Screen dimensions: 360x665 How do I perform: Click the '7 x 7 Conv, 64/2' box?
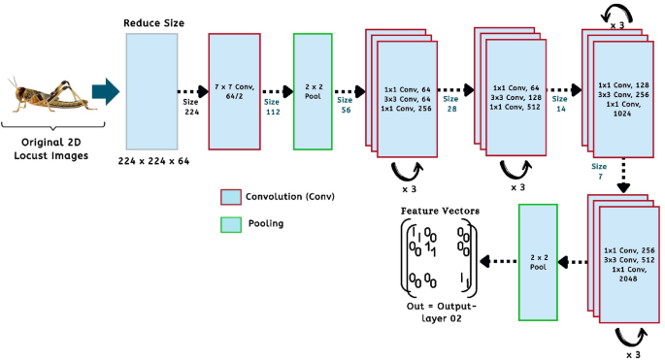coord(235,91)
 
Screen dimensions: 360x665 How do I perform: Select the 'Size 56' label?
coord(345,105)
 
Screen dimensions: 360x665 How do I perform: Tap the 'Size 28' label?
coord(450,105)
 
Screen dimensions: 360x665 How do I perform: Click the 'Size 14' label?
coord(559,105)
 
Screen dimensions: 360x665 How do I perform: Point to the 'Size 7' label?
coord(601,171)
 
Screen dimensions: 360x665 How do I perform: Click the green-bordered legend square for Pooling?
coord(230,224)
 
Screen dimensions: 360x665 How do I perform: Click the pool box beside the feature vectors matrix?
coord(539,262)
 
